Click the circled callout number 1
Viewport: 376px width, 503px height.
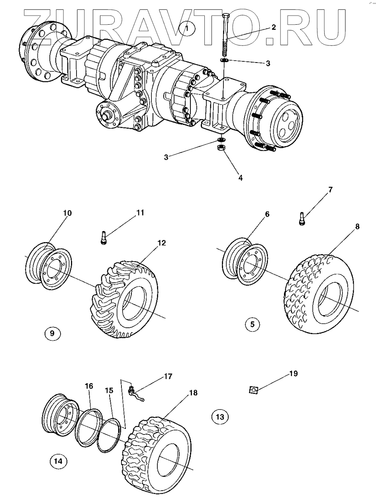(187, 29)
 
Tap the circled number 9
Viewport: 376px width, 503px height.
(53, 333)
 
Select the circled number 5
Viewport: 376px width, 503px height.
(252, 324)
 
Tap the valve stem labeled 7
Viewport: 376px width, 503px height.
(302, 219)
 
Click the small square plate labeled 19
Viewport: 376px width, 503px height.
(253, 390)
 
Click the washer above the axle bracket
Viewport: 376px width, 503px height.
(223, 60)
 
